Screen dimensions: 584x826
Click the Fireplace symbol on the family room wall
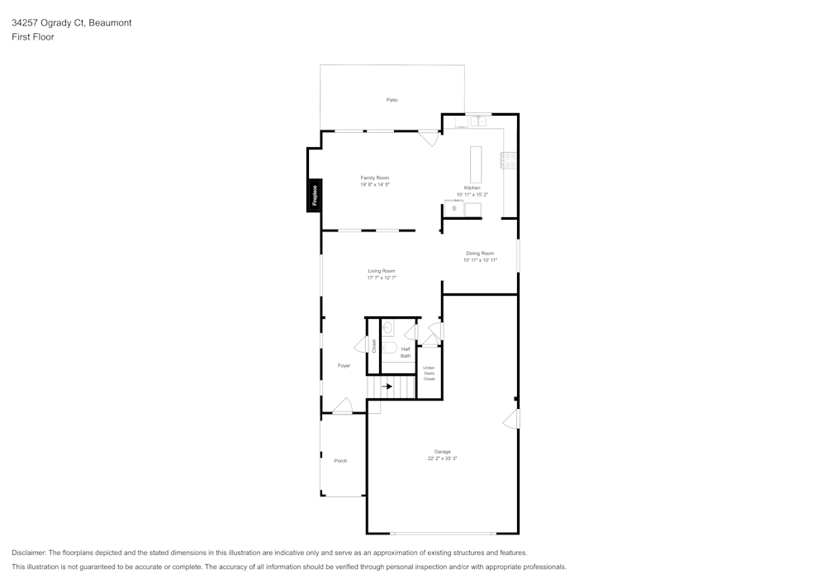click(315, 197)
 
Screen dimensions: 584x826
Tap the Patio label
click(392, 100)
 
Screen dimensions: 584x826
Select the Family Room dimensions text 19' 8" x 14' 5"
click(374, 185)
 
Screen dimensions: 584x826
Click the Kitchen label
click(472, 188)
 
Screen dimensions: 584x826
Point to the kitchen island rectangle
click(476, 164)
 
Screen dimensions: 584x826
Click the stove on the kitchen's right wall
click(509, 160)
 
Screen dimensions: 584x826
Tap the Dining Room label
click(480, 254)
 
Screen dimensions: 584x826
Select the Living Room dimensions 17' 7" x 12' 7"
click(382, 278)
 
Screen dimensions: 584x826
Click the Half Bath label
click(406, 353)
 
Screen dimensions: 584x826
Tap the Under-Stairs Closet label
click(430, 373)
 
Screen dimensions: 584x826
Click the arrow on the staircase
click(387, 386)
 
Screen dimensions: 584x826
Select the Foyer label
click(344, 365)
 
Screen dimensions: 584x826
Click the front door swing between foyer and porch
click(344, 406)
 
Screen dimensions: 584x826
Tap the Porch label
click(340, 461)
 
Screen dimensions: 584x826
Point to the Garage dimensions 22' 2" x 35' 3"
click(443, 458)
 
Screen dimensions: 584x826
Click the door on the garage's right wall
click(512, 420)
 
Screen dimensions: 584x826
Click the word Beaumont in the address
click(111, 23)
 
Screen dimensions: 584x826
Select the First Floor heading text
click(33, 37)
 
